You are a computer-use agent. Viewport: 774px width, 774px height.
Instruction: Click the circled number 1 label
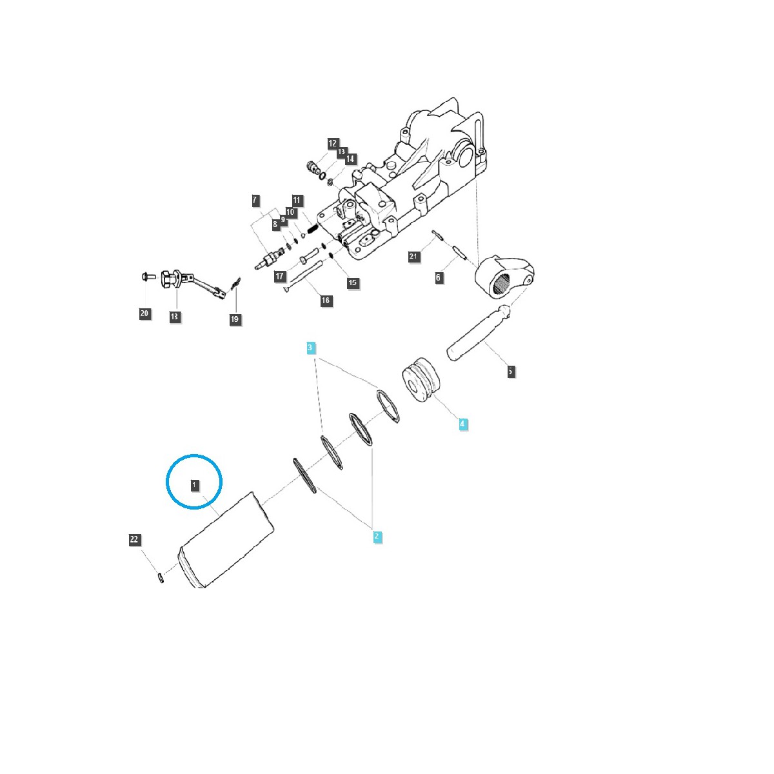click(x=193, y=484)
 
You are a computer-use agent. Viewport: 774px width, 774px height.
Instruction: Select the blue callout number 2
click(x=377, y=536)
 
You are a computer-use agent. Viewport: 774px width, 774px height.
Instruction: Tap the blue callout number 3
click(x=311, y=348)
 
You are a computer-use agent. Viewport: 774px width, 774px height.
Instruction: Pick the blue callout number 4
click(x=462, y=424)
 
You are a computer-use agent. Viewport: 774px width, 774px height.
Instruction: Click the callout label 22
click(x=134, y=540)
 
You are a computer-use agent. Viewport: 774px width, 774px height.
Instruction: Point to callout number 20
click(x=144, y=313)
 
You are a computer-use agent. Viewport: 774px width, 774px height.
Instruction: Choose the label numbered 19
click(x=235, y=319)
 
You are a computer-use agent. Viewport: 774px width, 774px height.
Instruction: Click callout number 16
click(x=326, y=301)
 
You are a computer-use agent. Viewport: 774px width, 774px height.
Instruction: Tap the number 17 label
click(x=279, y=276)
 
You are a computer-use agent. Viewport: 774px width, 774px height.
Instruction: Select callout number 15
click(x=352, y=283)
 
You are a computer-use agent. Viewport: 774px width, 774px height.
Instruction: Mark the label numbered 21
click(x=414, y=257)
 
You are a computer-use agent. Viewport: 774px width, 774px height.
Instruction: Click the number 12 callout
click(x=332, y=143)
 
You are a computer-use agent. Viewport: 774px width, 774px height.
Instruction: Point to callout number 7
click(x=256, y=200)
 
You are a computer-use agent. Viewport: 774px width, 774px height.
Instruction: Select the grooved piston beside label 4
click(x=421, y=384)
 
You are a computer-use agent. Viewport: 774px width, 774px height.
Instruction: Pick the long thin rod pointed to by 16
click(x=307, y=275)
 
